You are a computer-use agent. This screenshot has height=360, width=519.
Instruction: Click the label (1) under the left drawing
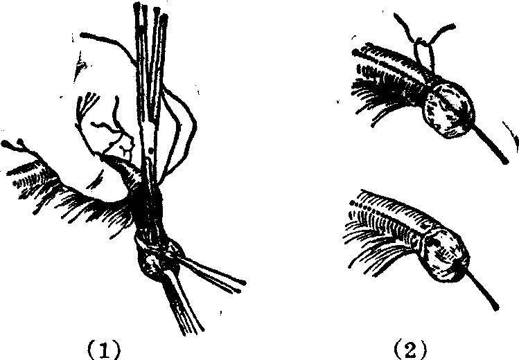point(104,350)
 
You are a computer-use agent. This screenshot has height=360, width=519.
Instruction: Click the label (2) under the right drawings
point(410,350)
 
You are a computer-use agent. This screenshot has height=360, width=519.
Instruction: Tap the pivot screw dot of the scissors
point(150,152)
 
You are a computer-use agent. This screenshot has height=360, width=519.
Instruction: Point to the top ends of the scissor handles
point(150,13)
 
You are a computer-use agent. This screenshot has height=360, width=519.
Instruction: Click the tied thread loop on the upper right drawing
point(424,55)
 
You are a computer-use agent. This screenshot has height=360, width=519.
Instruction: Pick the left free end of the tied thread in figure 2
point(396,16)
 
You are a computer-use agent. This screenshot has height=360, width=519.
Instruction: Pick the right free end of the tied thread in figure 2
point(452,26)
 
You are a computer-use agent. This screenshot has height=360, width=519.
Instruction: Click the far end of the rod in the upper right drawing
point(505,161)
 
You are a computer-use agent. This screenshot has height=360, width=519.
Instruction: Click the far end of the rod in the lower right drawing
point(495,307)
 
